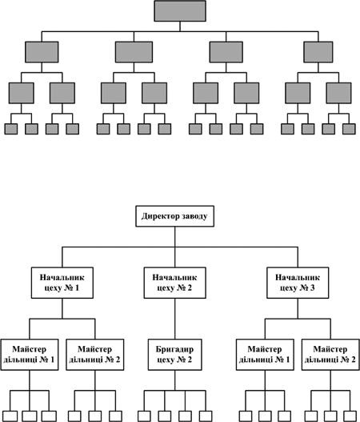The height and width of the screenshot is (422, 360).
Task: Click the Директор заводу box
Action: (x=174, y=216)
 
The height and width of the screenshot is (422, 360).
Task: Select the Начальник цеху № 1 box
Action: (x=62, y=283)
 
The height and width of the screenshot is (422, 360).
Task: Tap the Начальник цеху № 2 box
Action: (x=174, y=283)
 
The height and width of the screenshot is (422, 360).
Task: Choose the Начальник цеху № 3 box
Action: (x=298, y=283)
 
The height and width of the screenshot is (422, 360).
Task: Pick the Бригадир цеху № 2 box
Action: (x=174, y=355)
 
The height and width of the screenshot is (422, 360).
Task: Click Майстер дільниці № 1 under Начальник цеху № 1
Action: (x=30, y=355)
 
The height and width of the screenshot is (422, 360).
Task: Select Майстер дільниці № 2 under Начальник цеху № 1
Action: (x=95, y=355)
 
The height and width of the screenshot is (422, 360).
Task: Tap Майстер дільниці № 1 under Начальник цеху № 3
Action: (x=265, y=355)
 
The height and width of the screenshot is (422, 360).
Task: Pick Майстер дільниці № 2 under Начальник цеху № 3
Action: (x=330, y=355)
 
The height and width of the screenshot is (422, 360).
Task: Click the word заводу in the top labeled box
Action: (x=194, y=216)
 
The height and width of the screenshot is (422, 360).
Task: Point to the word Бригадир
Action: (x=174, y=349)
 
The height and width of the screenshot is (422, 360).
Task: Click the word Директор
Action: (x=160, y=216)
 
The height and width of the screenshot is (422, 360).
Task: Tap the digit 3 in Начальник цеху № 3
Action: (x=312, y=288)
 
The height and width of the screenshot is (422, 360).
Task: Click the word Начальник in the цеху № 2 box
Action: (x=174, y=278)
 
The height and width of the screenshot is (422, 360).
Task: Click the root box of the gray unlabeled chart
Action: (x=180, y=11)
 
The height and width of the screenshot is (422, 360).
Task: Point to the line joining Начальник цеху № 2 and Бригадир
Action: (x=174, y=319)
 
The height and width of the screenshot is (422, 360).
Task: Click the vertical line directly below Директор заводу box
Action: (x=174, y=236)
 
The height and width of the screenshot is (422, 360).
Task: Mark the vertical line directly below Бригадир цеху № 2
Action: (x=174, y=380)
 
